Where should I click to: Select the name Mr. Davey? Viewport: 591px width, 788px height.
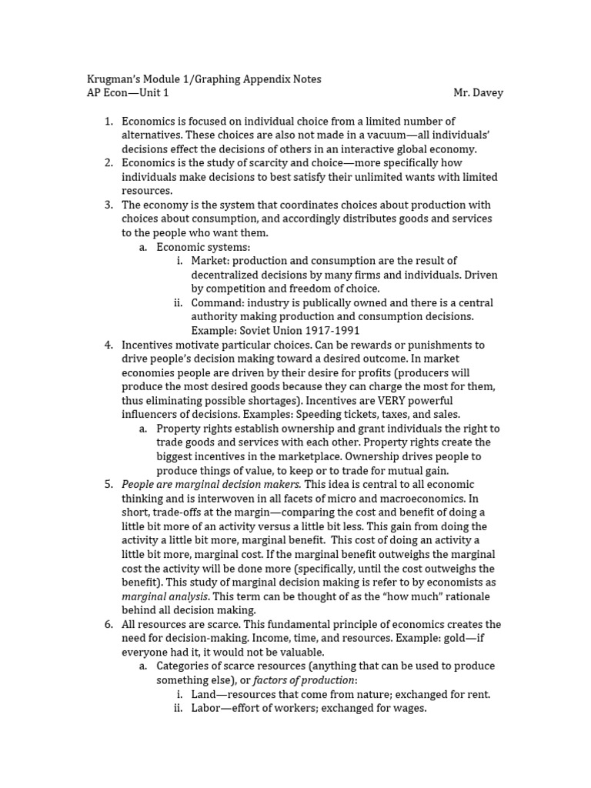click(478, 93)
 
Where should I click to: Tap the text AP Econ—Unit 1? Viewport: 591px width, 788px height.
click(127, 93)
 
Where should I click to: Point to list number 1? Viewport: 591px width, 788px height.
click(109, 121)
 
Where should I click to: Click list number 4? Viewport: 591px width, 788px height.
click(109, 345)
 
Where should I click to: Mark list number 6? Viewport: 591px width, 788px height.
click(109, 624)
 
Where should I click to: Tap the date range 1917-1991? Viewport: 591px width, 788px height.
click(312, 331)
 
